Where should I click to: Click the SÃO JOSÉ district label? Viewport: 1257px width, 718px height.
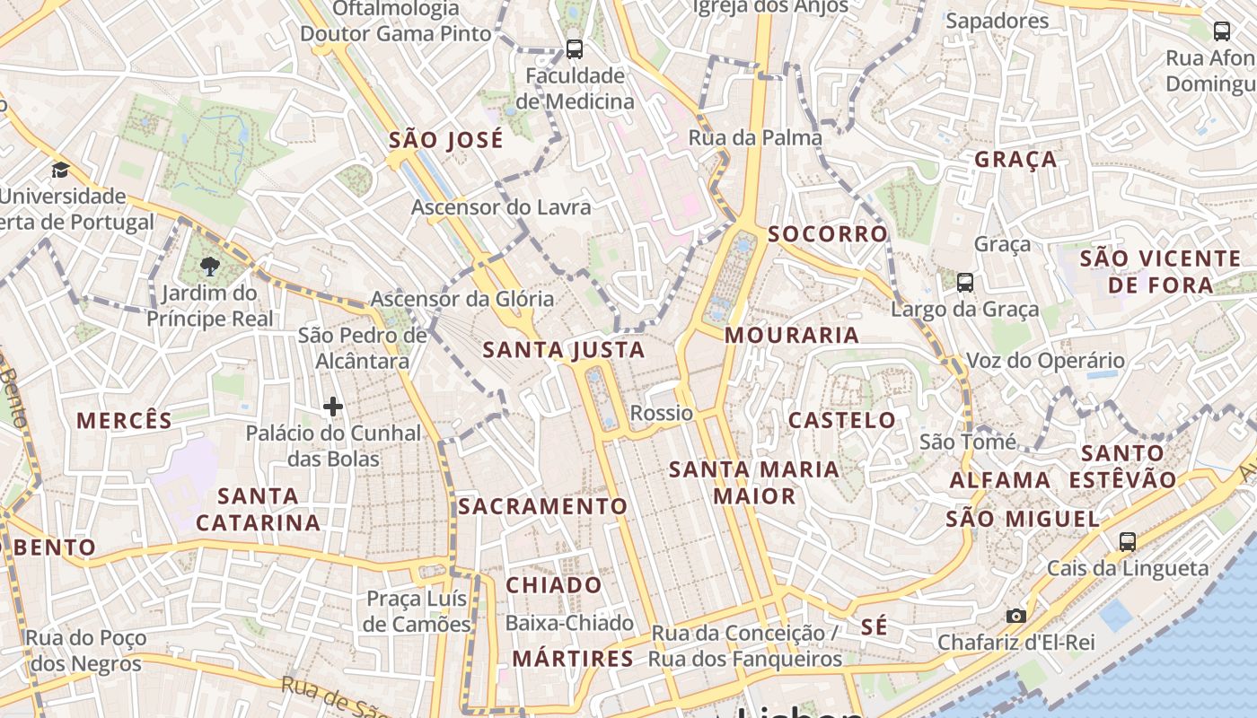point(446,140)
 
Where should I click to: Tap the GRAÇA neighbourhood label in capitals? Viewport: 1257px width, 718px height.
point(1016,160)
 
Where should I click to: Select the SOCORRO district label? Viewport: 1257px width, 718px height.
point(828,234)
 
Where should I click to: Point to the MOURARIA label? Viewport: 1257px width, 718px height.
point(792,336)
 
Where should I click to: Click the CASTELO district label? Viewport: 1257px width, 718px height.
point(842,420)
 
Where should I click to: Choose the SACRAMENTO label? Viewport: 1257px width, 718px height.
point(543,506)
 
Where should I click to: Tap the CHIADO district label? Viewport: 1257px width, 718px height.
point(554,585)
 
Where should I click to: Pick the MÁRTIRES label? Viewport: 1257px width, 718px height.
point(573,659)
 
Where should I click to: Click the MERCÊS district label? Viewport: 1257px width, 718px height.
point(124,420)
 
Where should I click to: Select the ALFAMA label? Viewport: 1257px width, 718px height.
point(1000,480)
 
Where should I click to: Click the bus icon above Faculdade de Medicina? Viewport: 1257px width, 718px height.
point(575,49)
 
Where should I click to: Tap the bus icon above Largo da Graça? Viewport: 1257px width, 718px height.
point(965,283)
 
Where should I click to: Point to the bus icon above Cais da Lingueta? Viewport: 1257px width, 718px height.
point(1128,542)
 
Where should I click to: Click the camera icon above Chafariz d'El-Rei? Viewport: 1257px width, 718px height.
point(1016,616)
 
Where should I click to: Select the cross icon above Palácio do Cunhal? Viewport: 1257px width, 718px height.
point(333,407)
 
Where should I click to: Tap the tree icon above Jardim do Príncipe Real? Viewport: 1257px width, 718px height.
point(210,266)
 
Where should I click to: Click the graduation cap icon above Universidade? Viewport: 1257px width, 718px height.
point(60,170)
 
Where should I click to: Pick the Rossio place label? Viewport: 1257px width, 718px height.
point(662,413)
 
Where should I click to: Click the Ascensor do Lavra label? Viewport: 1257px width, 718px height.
point(501,207)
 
